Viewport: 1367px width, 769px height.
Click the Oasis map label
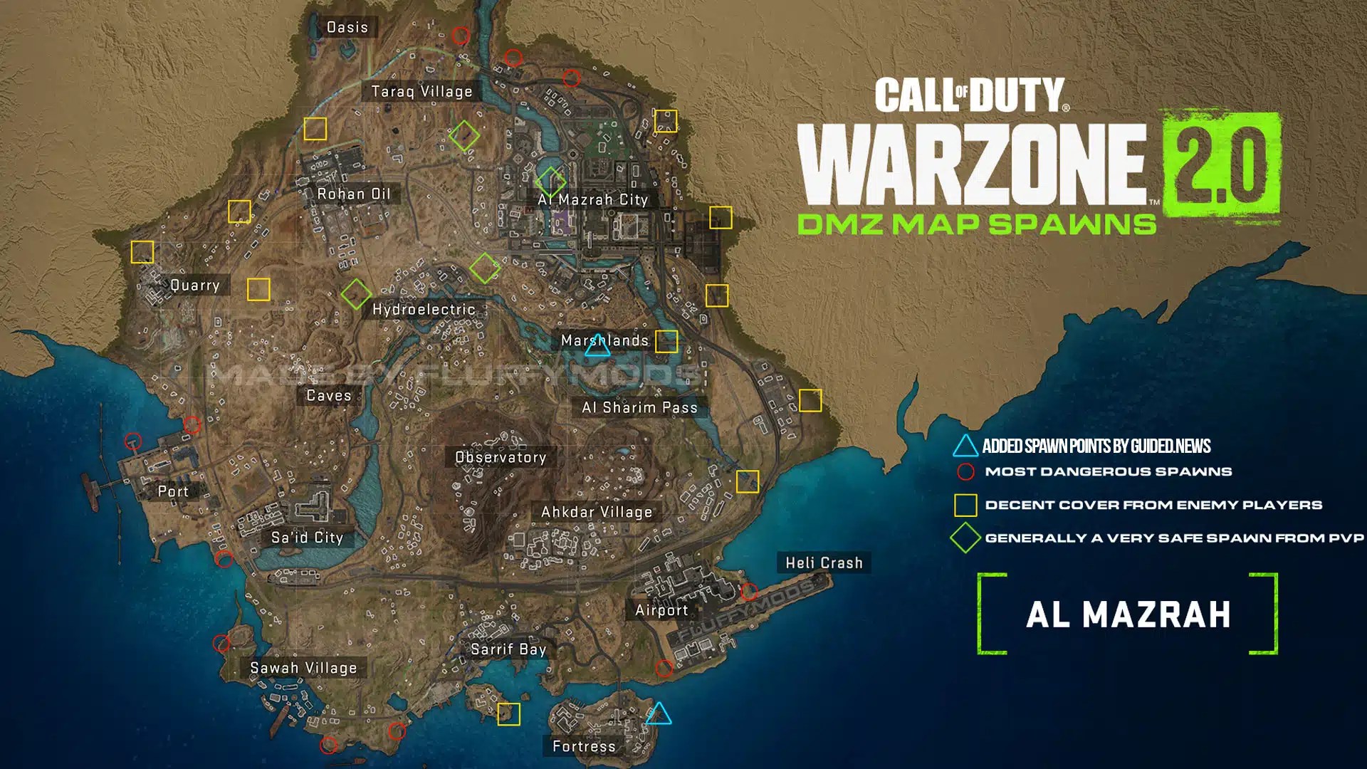pos(347,28)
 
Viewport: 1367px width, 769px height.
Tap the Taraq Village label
pos(421,92)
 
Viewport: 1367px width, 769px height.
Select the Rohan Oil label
pos(354,194)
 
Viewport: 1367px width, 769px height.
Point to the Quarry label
pos(194,286)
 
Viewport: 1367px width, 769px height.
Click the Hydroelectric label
pos(424,310)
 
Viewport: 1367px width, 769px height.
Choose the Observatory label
pos(501,457)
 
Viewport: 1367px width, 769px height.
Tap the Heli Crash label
pos(824,563)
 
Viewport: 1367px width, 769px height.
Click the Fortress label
pos(584,746)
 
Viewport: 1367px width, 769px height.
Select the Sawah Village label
pos(303,668)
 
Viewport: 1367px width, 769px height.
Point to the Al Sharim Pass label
pos(639,407)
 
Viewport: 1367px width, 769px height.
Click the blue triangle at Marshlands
pos(597,347)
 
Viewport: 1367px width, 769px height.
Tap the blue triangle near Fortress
pos(659,714)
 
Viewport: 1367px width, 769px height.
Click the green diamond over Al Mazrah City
pos(550,182)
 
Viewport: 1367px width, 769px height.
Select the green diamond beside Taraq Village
pos(464,135)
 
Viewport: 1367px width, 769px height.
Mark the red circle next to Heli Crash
pos(749,591)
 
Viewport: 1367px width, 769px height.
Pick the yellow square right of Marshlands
pos(666,342)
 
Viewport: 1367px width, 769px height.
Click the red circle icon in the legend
pos(965,471)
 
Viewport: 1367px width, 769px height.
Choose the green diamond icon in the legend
pos(965,538)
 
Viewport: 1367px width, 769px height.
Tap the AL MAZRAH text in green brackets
pos(1128,614)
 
